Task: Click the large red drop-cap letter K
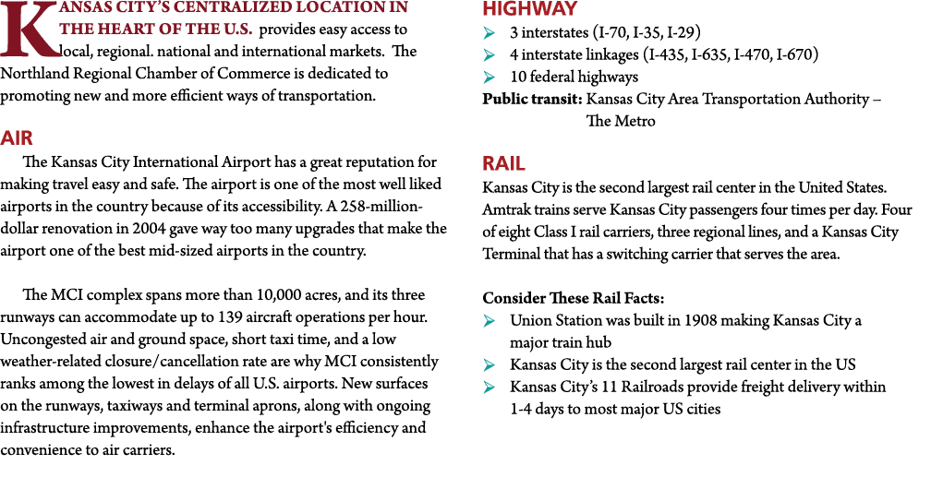tap(29, 30)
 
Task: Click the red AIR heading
tap(17, 138)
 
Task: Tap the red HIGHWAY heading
tap(529, 9)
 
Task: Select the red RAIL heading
tap(503, 163)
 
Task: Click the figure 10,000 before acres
tap(279, 295)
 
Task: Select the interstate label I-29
tap(683, 32)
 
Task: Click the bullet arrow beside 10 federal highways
tap(489, 77)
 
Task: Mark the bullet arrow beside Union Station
tap(489, 321)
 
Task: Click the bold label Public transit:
tap(532, 99)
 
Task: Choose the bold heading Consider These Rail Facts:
tap(573, 298)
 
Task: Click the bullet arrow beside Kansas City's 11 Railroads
tap(489, 388)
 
